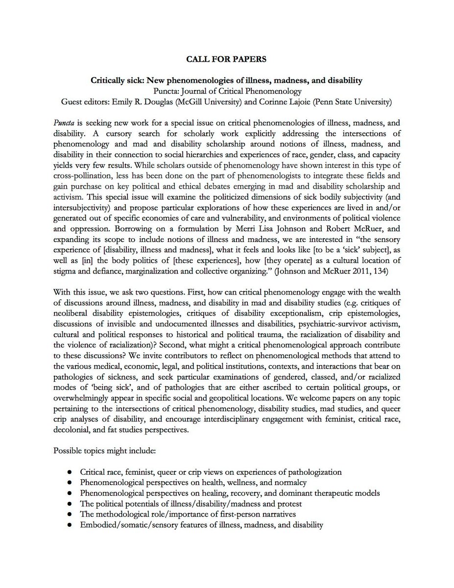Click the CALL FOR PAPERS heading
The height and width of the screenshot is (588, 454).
tap(227, 59)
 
